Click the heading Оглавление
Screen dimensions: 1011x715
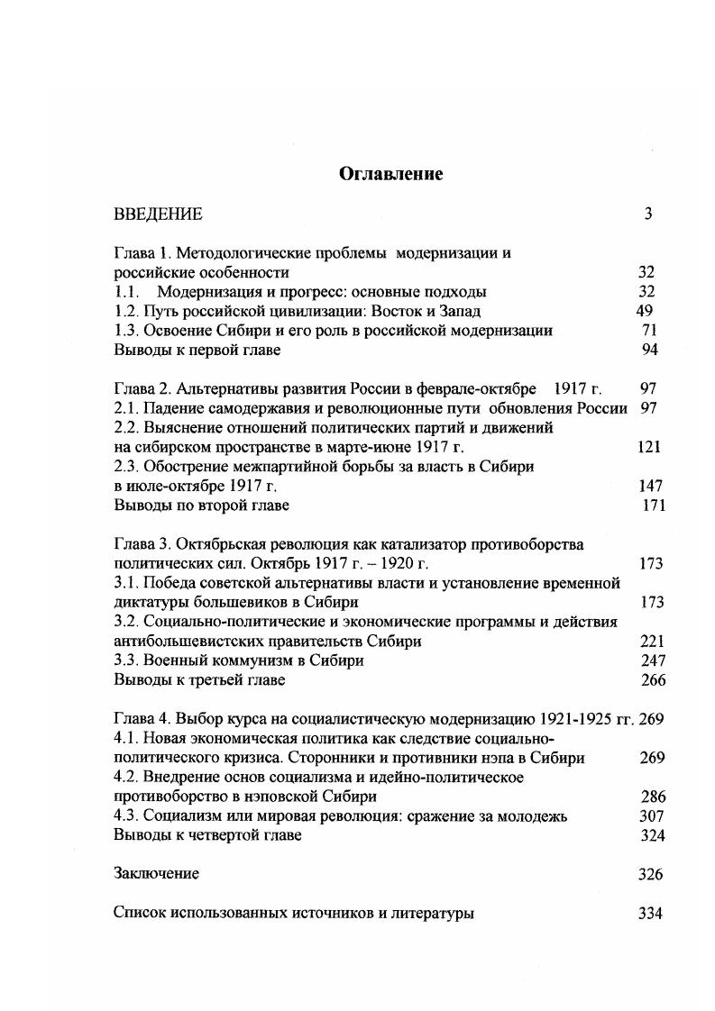click(x=390, y=174)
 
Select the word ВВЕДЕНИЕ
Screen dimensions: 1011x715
click(x=158, y=214)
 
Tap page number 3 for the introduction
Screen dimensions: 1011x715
click(x=647, y=214)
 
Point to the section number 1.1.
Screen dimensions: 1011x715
click(x=127, y=291)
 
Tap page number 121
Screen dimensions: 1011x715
click(x=648, y=447)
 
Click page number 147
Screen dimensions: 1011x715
click(x=650, y=486)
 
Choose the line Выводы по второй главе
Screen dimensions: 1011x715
click(x=201, y=505)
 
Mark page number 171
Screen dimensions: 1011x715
click(x=653, y=505)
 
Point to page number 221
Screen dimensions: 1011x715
click(x=650, y=642)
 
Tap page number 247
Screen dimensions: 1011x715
click(x=651, y=660)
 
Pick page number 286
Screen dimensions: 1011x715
click(x=652, y=797)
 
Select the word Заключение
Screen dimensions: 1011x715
click(x=156, y=874)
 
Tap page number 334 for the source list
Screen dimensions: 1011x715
click(x=650, y=913)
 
